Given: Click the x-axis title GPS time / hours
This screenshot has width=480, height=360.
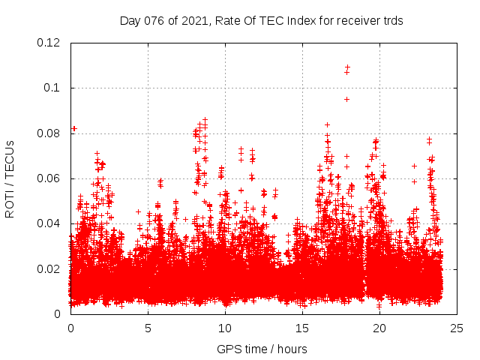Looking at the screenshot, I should click(x=262, y=349).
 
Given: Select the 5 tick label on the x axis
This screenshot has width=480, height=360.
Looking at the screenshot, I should click(x=148, y=328).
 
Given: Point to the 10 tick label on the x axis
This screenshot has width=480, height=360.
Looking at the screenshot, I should click(x=225, y=328).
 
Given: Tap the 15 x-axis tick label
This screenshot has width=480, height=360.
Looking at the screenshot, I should click(x=302, y=328).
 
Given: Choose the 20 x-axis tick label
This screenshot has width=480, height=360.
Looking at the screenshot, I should click(x=379, y=328).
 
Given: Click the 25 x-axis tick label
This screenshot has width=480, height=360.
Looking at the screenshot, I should click(x=456, y=328).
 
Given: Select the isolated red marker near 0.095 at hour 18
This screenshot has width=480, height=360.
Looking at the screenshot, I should click(x=346, y=99).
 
